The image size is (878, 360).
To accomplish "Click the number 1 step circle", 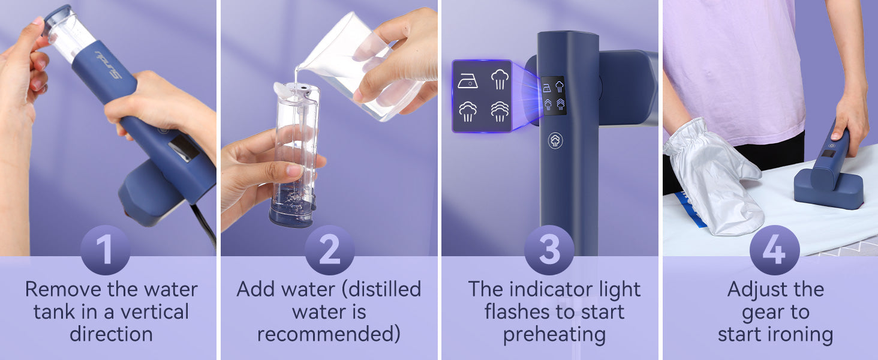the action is [x=105, y=250].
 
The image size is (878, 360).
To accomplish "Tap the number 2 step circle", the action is [x=330, y=250].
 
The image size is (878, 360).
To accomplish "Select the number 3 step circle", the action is [x=549, y=250].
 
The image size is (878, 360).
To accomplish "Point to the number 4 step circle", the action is [x=774, y=250].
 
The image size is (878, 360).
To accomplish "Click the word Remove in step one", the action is [x=63, y=289].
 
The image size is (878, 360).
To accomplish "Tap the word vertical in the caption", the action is [x=155, y=312].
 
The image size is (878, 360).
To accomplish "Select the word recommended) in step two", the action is [x=329, y=335].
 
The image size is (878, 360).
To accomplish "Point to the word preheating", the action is [x=554, y=335].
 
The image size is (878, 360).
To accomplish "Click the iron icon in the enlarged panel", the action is [x=468, y=81].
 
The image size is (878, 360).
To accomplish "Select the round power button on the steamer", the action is [x=555, y=140].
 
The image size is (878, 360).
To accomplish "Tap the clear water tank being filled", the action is [x=294, y=154].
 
